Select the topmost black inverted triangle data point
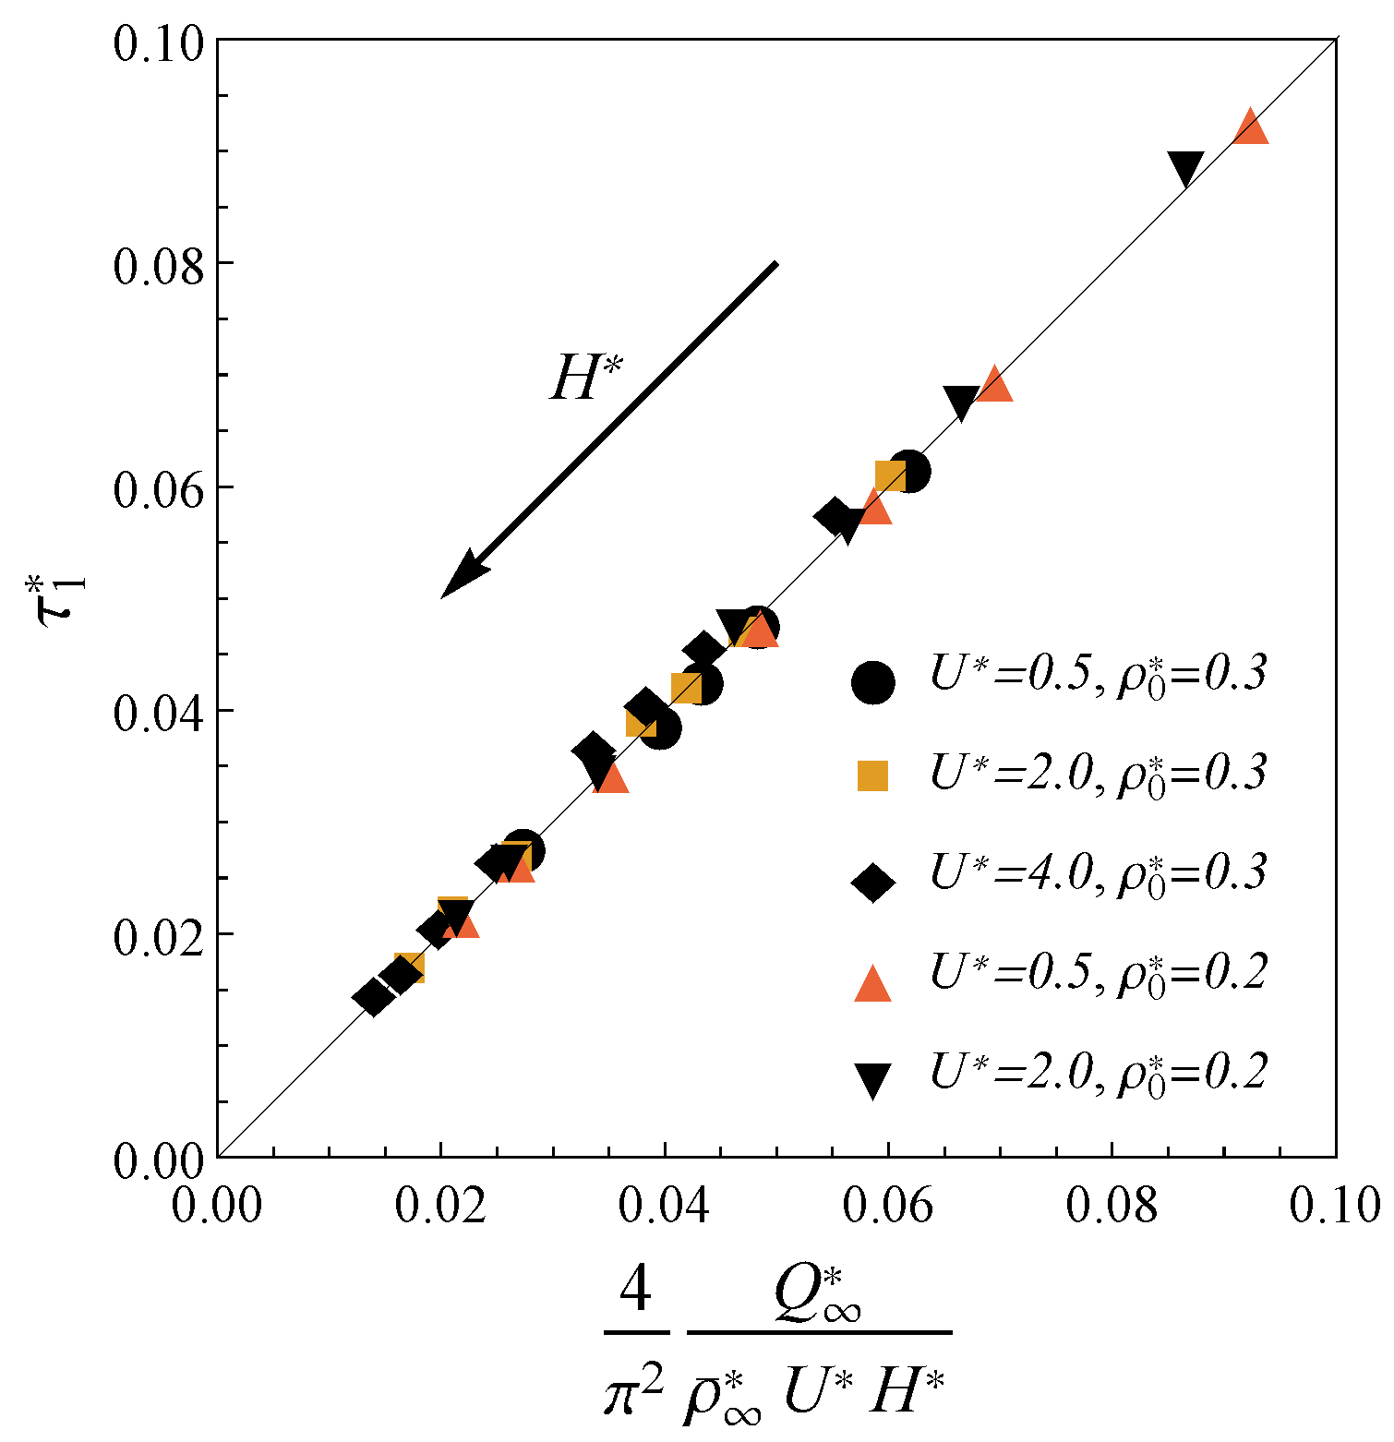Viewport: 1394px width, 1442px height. (1185, 168)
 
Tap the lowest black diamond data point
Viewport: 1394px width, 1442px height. (374, 997)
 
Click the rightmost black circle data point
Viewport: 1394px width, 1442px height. (909, 472)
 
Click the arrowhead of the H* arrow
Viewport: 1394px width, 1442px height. (462, 577)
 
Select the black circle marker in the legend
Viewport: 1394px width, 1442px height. (872, 682)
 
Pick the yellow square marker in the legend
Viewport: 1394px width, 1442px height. (872, 776)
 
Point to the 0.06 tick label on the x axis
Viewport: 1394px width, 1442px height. (888, 1206)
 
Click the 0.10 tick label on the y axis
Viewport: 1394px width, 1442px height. (158, 43)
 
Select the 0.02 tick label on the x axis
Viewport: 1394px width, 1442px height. (440, 1206)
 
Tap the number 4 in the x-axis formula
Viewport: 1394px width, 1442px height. (635, 1290)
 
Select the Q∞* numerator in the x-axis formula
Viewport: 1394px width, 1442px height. (818, 1294)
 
